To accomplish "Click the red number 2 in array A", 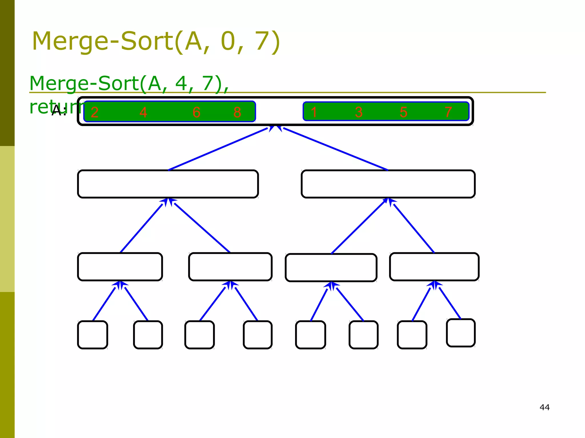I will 95,112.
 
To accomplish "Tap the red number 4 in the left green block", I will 143,112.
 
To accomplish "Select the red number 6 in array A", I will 197,112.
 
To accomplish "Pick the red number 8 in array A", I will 237,112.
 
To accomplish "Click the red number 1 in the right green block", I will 314,112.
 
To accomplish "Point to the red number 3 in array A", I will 359,112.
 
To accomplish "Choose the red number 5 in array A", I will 403,112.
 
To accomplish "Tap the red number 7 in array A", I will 448,112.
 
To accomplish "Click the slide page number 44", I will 544,407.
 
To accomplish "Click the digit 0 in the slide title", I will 228,41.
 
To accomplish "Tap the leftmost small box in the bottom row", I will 93,335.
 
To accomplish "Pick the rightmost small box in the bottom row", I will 461,333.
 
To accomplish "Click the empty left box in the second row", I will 168,184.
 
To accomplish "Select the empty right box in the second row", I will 388,184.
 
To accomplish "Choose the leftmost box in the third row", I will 120,267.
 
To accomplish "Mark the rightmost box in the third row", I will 434,267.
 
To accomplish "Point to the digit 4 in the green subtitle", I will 181,83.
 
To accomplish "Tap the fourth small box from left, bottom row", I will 258,335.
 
